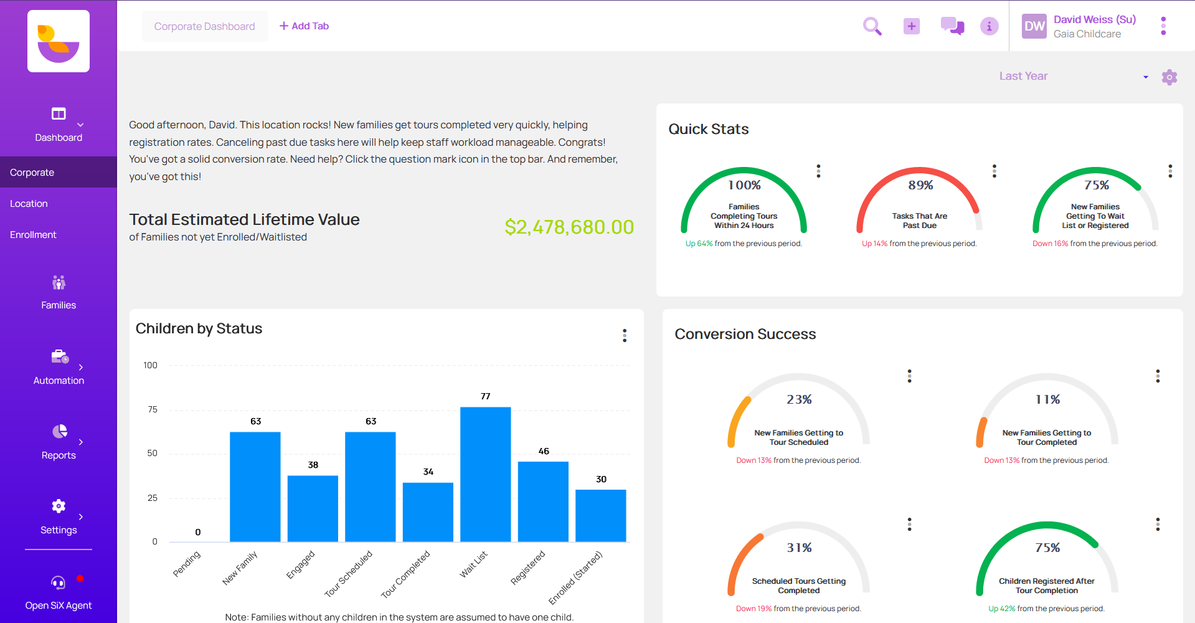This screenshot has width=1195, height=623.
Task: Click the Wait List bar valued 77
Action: tap(485, 473)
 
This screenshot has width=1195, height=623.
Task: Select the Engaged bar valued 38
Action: tap(313, 508)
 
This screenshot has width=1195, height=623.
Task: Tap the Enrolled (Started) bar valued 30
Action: tap(600, 515)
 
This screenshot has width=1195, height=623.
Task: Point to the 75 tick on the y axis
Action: tap(153, 409)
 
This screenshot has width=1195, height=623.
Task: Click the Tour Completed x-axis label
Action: tap(405, 574)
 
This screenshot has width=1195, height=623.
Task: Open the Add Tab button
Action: tap(304, 26)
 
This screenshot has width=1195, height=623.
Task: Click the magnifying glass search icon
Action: tap(872, 26)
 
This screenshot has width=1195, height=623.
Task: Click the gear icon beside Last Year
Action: tap(1169, 77)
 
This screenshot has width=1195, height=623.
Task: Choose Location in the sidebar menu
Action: tap(29, 204)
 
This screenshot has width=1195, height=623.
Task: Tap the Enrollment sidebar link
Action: tap(33, 235)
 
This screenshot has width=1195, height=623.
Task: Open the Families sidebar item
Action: tap(59, 292)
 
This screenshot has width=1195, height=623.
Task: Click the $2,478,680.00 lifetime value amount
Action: tap(569, 227)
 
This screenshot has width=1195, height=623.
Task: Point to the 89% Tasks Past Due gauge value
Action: tap(920, 185)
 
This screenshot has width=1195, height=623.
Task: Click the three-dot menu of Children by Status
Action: tap(624, 335)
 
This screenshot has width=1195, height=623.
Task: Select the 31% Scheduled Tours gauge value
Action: tap(799, 548)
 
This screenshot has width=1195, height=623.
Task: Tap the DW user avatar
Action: tap(1034, 26)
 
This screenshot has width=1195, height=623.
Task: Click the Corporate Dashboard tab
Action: tap(204, 26)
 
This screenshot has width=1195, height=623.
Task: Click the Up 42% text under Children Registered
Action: tap(1001, 609)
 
